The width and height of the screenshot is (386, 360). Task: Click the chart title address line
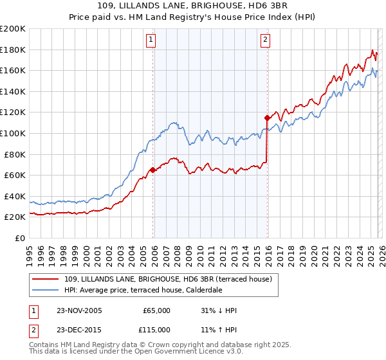coord(193,6)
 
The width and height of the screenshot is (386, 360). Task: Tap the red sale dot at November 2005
coord(152,170)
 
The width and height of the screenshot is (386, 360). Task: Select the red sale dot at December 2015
coord(266,118)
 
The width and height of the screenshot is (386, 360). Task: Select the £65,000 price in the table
coord(156,310)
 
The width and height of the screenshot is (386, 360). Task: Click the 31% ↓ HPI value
coord(219,310)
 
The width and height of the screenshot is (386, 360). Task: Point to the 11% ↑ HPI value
coord(219,329)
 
